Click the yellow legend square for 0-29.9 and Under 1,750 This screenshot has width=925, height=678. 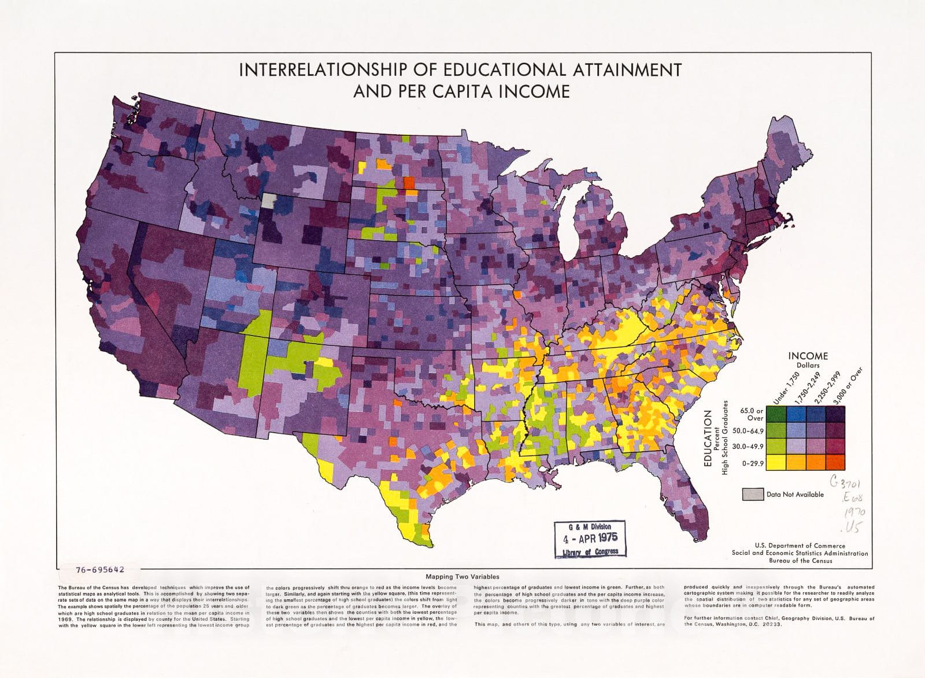pyautogui.click(x=775, y=462)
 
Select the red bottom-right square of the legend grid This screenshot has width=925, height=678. pyautogui.click(x=835, y=462)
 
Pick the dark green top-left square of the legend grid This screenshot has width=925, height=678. pyautogui.click(x=775, y=414)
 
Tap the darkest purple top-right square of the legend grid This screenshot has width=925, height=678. pyautogui.click(x=835, y=414)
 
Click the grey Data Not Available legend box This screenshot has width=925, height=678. pyautogui.click(x=752, y=494)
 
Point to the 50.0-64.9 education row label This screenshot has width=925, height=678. pyautogui.click(x=751, y=431)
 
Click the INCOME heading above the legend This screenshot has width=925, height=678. pyautogui.click(x=808, y=356)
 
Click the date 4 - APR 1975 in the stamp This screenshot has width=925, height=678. pyautogui.click(x=586, y=538)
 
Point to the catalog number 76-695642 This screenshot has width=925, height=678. pyautogui.click(x=99, y=569)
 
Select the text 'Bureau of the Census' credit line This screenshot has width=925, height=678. pyautogui.click(x=800, y=561)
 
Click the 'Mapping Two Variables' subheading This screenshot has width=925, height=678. pyautogui.click(x=462, y=577)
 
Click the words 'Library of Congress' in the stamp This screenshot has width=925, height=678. pyautogui.click(x=590, y=551)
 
